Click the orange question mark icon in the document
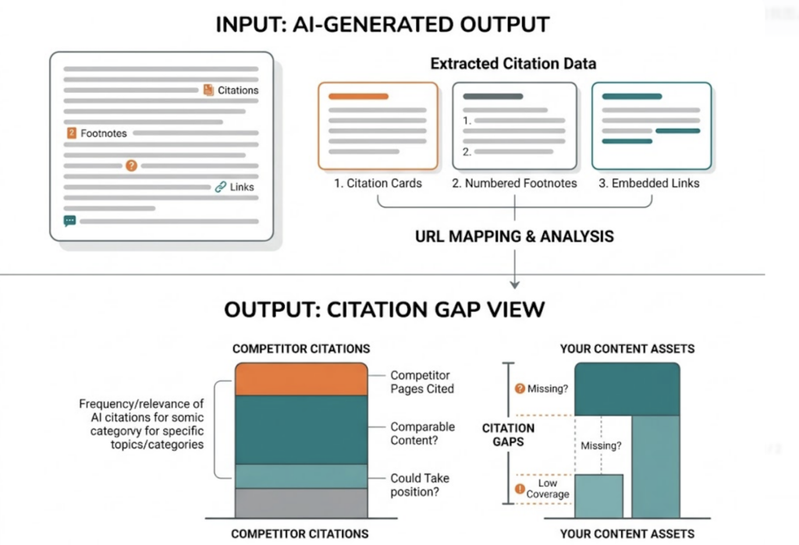point(131,165)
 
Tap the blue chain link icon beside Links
point(221,187)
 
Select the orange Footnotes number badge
point(72,133)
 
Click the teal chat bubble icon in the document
point(69,221)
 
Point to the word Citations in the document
point(238,90)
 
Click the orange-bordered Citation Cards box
point(378,126)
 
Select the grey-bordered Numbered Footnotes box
point(514,126)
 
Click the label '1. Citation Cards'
point(378,183)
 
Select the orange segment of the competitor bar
point(300,380)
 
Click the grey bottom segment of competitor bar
point(300,504)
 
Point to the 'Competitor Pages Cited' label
point(422,382)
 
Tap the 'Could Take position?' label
point(420,485)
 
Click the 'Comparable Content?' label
point(422,434)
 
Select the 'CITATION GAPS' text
point(508,435)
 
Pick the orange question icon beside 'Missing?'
point(519,389)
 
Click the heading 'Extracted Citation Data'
point(513,63)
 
